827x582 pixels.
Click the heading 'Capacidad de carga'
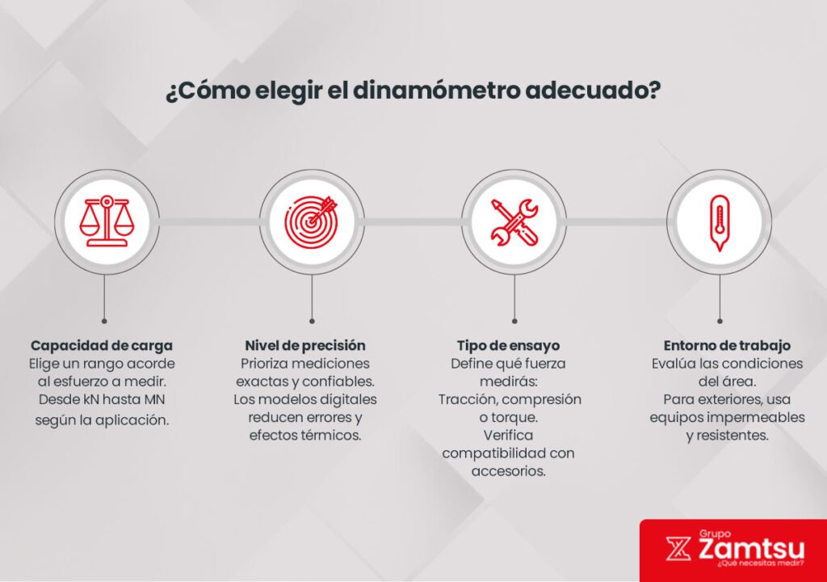(102, 345)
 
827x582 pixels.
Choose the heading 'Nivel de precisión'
(305, 345)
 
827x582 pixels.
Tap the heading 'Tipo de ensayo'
(508, 345)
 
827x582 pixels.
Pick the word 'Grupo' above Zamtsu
(716, 533)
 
